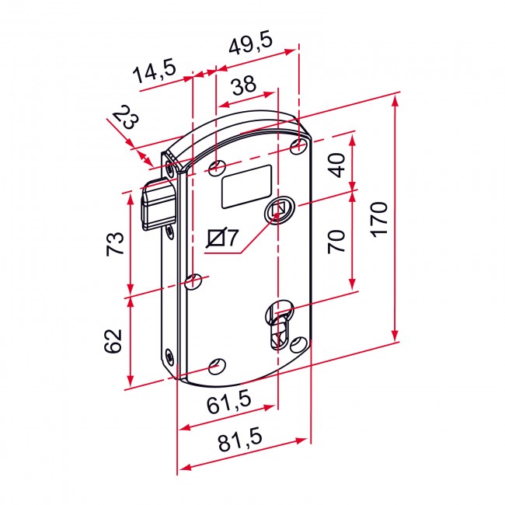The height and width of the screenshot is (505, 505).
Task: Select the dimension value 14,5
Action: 154,71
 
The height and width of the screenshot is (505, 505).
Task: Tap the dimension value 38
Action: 244,85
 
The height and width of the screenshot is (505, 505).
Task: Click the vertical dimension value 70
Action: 336,242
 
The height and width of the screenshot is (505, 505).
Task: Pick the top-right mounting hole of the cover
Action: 298,147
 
